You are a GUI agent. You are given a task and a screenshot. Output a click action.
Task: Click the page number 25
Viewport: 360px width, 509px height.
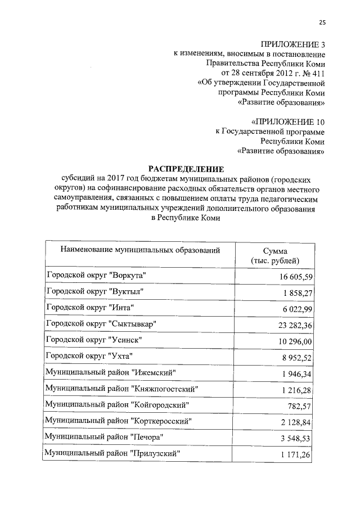(x=322, y=22)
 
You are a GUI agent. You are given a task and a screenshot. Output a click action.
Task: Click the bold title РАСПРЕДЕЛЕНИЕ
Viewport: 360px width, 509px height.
(x=186, y=169)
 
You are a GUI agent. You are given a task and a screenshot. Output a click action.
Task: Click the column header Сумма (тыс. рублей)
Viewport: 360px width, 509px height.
(x=275, y=256)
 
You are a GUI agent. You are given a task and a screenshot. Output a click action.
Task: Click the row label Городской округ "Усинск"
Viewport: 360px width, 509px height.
(x=94, y=340)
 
